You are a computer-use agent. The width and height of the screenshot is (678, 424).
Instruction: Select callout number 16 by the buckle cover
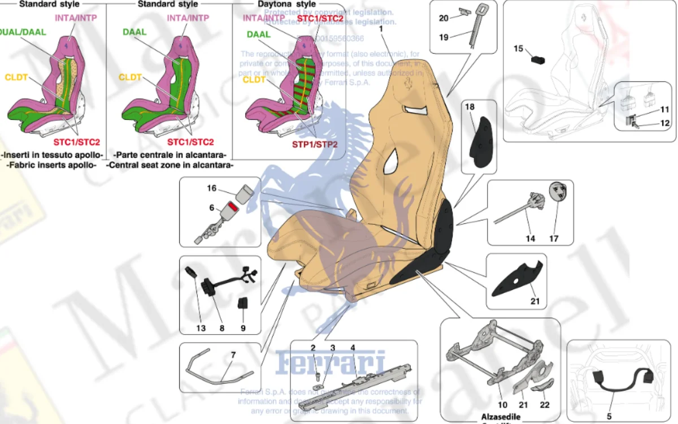(x=211, y=188)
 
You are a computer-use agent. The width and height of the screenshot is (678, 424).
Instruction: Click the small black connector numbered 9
(x=244, y=304)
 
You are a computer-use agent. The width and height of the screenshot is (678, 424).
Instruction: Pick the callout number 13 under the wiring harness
(x=201, y=328)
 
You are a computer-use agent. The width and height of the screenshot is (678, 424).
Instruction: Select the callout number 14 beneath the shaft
(x=530, y=239)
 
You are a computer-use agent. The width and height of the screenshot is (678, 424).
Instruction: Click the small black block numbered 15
(x=537, y=58)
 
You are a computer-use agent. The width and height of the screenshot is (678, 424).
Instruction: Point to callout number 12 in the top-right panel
(x=664, y=123)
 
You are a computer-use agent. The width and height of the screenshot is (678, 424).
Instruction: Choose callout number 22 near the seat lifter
(x=545, y=405)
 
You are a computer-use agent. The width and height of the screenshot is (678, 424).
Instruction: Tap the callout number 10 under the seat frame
(x=502, y=405)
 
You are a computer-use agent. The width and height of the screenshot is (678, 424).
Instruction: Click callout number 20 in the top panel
(x=444, y=18)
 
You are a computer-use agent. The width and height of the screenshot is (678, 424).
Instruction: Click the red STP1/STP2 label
(x=315, y=144)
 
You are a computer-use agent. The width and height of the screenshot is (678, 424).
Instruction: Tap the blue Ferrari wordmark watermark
(x=331, y=362)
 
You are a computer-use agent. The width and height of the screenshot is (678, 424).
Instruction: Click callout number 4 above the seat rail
(x=353, y=348)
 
